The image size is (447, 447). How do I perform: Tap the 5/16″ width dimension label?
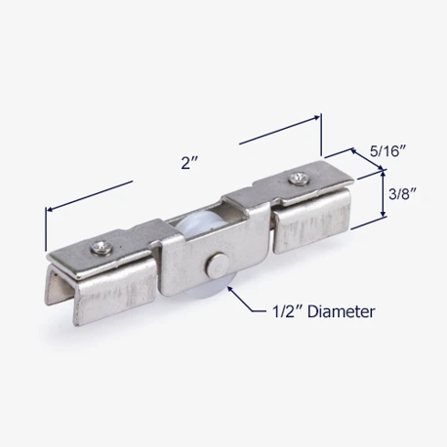(388, 151)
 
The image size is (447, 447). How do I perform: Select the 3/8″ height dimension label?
(403, 194)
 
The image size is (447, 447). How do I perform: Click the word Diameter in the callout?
(341, 311)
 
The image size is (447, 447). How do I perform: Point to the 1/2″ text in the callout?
(287, 311)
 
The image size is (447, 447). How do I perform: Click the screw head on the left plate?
(102, 247)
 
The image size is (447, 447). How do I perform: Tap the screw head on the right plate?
(299, 179)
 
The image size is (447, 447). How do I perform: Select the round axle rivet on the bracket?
(217, 264)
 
